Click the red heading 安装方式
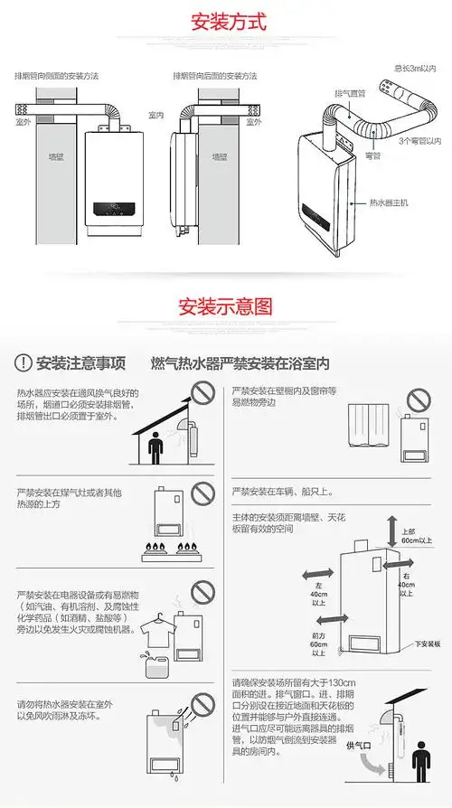(x=226, y=21)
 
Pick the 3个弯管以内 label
(x=419, y=141)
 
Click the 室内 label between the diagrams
(x=155, y=117)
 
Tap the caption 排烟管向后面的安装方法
(x=215, y=76)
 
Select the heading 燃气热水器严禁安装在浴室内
(x=240, y=363)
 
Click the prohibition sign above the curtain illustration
(x=417, y=399)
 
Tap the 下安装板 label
(x=426, y=644)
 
